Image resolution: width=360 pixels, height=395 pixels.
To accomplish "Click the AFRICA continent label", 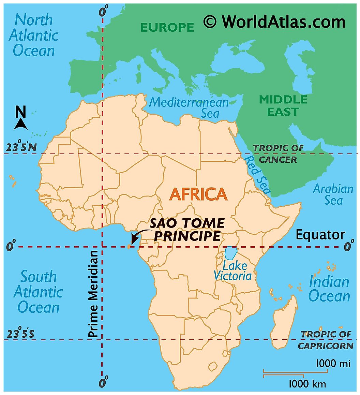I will pyautogui.click(x=198, y=194).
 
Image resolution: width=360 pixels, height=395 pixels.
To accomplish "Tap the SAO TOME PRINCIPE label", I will pyautogui.click(x=187, y=230).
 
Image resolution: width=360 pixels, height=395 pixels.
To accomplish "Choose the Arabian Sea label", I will pyautogui.click(x=333, y=194).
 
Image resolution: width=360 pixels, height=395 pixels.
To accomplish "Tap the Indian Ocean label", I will pyautogui.click(x=329, y=289).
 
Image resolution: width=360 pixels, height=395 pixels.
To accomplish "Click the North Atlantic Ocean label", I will pyautogui.click(x=34, y=35).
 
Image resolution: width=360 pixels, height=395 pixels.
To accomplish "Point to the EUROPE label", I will pyautogui.click(x=167, y=27).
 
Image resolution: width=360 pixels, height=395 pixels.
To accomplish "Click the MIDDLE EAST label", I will pyautogui.click(x=283, y=105).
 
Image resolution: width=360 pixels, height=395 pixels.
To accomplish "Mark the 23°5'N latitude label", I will pyautogui.click(x=21, y=148).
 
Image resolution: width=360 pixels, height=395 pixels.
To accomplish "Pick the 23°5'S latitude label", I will pyautogui.click(x=21, y=334).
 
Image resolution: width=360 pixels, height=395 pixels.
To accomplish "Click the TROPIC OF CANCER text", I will pyautogui.click(x=278, y=153).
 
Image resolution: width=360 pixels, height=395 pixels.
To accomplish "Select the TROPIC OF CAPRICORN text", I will pyautogui.click(x=325, y=340).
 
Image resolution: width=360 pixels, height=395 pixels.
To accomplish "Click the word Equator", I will pyautogui.click(x=320, y=235).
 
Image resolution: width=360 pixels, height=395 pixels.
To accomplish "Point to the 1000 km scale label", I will pyautogui.click(x=307, y=384).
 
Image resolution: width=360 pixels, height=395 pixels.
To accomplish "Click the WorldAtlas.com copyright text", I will pyautogui.click(x=274, y=22).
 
